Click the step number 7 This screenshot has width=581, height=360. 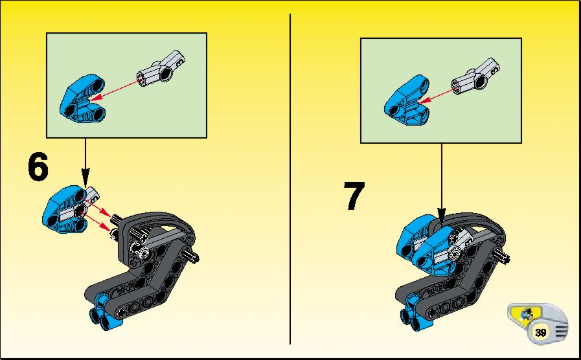(354, 196)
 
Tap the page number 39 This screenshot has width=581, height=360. (541, 332)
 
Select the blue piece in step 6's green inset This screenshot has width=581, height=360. (82, 98)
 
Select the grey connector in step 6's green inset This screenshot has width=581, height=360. (161, 69)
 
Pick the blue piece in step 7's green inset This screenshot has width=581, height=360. (407, 101)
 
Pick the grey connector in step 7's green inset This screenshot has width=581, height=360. (475, 77)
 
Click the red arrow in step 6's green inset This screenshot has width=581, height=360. (115, 89)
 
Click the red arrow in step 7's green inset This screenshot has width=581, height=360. (437, 95)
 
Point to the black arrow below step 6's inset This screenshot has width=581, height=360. (85, 163)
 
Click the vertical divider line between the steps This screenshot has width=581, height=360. (290, 179)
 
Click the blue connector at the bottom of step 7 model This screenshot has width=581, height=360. (411, 312)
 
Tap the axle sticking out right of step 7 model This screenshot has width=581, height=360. (501, 256)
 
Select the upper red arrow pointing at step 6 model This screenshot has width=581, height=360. (97, 208)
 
